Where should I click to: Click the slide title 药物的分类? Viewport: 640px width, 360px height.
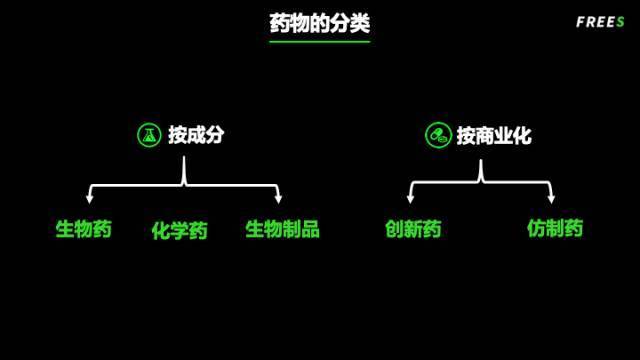[x=319, y=22]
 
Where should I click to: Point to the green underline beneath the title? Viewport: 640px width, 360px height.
[x=319, y=41]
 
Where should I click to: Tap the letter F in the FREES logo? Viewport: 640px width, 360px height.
[x=581, y=22]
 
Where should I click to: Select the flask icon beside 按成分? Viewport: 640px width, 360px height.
[x=149, y=135]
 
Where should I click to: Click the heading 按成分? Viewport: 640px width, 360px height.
[x=196, y=135]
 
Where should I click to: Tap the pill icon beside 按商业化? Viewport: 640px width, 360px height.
[x=437, y=135]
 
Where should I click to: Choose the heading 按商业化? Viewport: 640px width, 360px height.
[x=494, y=135]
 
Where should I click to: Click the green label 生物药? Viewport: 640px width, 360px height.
[x=83, y=229]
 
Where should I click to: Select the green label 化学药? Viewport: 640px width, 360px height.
[x=179, y=231]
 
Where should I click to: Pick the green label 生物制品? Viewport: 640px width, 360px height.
[x=282, y=229]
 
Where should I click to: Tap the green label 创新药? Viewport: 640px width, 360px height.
[x=413, y=229]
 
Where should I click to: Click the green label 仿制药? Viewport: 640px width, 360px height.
[x=555, y=229]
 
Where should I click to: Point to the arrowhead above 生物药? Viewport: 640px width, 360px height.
[x=89, y=199]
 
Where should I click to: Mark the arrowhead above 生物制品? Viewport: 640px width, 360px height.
[x=278, y=199]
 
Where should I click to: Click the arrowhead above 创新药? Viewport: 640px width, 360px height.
[x=411, y=199]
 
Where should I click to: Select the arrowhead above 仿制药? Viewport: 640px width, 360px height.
[x=551, y=199]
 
